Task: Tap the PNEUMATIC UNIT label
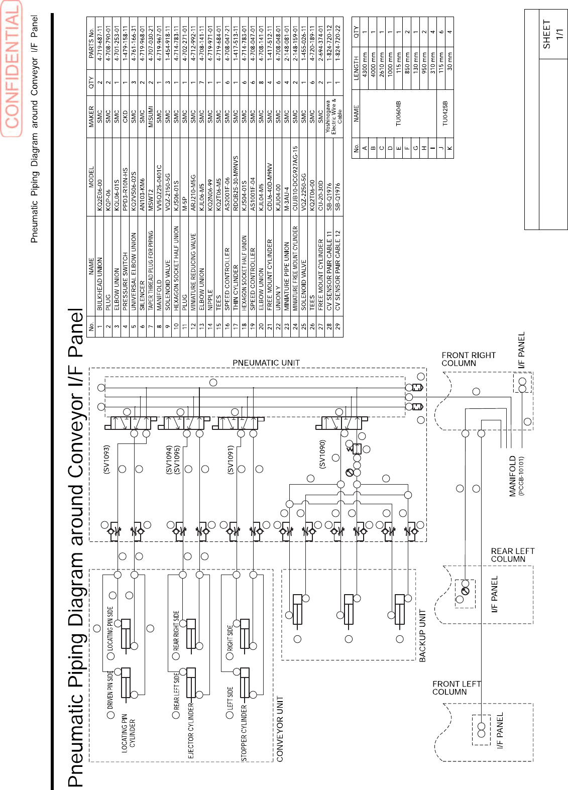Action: (266, 363)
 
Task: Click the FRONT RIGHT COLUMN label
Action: (468, 359)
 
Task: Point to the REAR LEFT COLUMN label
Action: (512, 555)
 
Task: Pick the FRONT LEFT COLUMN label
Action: (456, 688)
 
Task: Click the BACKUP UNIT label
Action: (422, 636)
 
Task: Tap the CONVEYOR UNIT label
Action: (280, 728)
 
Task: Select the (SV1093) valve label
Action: (106, 460)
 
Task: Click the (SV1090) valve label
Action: (322, 454)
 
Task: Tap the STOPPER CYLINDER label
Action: (244, 733)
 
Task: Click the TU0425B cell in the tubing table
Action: (444, 115)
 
